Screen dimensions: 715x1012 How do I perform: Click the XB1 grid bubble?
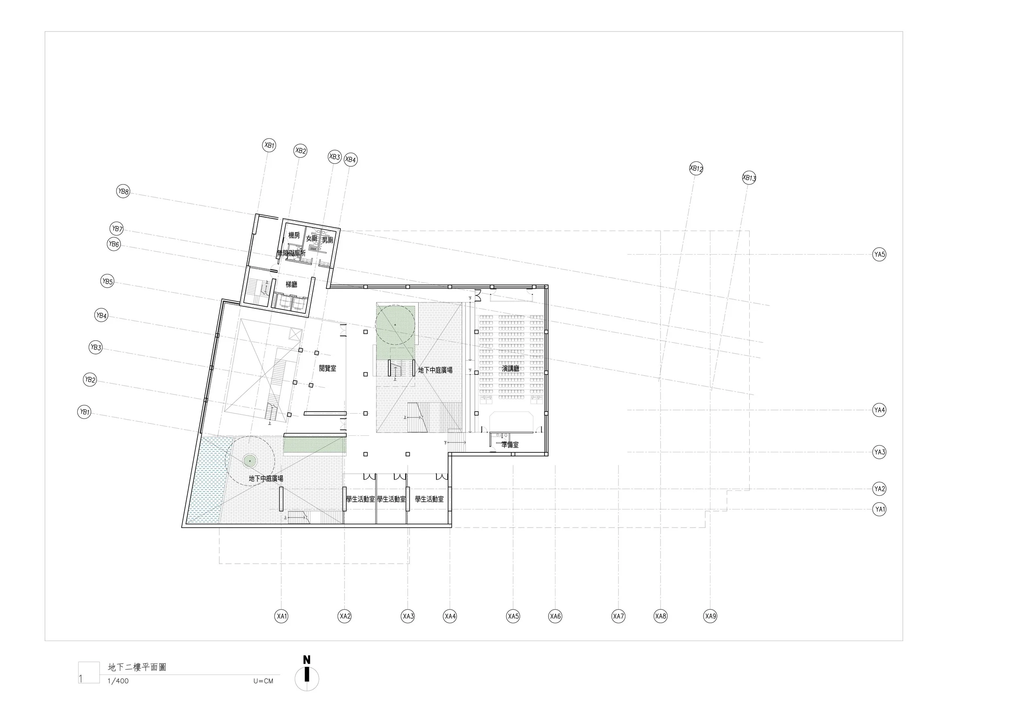coord(269,145)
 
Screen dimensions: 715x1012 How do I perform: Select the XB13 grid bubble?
coord(749,178)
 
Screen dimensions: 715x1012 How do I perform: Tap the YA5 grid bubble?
coord(879,254)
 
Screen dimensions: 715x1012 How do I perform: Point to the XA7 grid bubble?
coord(619,616)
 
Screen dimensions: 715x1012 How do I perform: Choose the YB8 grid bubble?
coord(123,192)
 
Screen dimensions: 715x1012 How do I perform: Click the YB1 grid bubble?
coord(84,412)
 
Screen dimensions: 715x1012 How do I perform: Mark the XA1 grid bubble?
coord(281,616)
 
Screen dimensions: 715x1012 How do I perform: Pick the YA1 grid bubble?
coord(880,509)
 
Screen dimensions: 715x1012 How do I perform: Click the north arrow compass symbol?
coord(306,678)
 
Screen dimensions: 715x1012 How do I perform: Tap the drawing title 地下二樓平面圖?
coord(137,667)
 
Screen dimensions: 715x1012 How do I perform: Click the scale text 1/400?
coord(118,681)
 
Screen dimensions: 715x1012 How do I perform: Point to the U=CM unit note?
coord(263,681)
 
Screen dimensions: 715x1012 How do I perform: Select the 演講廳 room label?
coord(510,368)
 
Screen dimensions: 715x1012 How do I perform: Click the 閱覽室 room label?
coord(327,368)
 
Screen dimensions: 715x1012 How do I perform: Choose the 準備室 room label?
coord(510,445)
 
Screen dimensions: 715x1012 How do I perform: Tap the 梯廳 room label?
coord(291,284)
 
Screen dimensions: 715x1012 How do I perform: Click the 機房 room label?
coord(294,235)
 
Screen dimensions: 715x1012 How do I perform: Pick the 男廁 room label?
coord(327,240)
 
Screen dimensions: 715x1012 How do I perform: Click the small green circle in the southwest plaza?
coord(249,461)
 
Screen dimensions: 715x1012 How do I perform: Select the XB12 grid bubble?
coord(696,168)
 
